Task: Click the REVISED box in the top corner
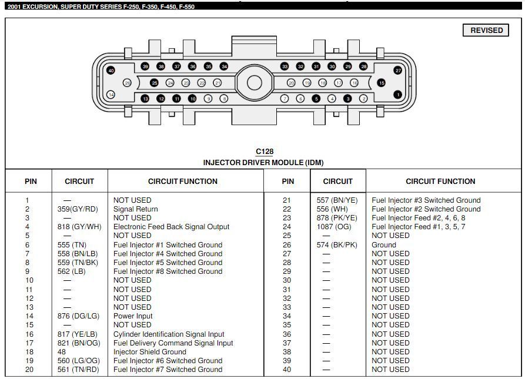486,31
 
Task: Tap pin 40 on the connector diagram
111,71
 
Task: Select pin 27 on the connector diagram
398,71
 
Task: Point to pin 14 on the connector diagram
111,95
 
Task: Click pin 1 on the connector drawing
398,95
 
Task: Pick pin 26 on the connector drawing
127,83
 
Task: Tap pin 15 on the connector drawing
382,83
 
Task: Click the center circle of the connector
254,83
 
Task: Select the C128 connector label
264,152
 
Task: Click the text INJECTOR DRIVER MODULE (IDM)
263,162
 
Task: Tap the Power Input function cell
133,316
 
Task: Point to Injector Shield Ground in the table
149,352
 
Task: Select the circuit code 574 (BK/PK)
337,245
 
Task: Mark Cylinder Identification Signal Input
169,334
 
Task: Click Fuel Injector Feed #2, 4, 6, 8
418,218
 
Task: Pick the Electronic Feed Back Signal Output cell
171,227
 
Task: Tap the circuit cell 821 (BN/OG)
79,343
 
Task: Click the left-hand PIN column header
31,182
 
